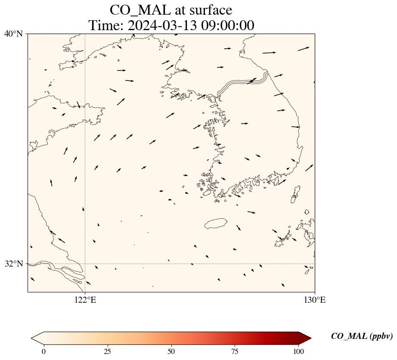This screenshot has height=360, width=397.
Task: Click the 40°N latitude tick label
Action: tap(13, 34)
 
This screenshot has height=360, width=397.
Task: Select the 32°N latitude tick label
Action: tap(13, 264)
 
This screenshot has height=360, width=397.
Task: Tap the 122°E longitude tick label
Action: tap(85, 300)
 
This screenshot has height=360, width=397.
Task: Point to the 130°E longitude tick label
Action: tap(315, 300)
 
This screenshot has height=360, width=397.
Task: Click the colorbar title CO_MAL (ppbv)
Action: tap(362, 336)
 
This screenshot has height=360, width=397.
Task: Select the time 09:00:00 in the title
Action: tap(228, 25)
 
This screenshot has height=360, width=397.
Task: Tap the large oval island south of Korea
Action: tap(216, 223)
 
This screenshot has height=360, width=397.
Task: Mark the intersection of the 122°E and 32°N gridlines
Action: tap(85, 264)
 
